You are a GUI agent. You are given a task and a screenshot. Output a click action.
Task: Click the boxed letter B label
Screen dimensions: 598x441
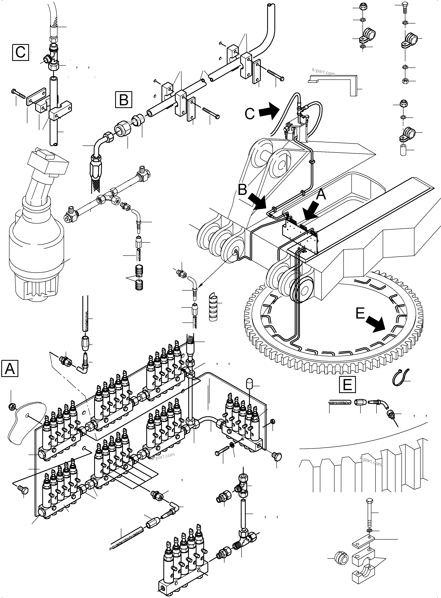[x=123, y=99]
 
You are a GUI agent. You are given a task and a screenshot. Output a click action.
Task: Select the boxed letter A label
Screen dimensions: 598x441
[x=10, y=368]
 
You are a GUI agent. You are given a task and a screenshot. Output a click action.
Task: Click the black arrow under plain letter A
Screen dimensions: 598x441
[x=311, y=211]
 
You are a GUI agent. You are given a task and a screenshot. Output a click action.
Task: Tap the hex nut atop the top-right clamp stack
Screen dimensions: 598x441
[x=363, y=6]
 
